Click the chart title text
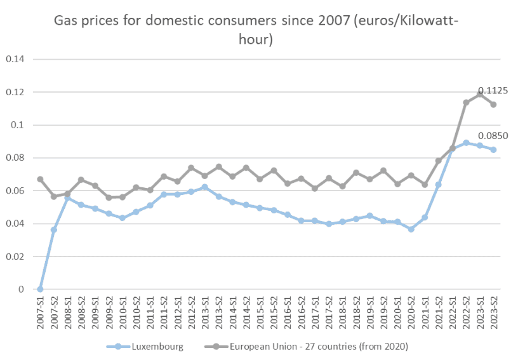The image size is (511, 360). tap(256, 30)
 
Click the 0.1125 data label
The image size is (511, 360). tap(493, 91)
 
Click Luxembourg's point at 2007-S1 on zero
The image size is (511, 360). tap(40, 289)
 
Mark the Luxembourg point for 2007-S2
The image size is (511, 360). tap(54, 229)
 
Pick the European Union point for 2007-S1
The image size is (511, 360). tap(40, 179)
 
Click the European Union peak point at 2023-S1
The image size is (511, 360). tap(479, 94)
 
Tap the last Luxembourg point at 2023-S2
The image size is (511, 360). tap(493, 150)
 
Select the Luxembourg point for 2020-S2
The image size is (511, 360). tap(411, 229)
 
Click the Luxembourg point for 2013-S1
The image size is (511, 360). tap(204, 187)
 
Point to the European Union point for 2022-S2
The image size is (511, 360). tap(466, 102)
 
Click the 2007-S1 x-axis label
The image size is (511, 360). tap(40, 312)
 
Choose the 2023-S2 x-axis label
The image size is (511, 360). tap(493, 312)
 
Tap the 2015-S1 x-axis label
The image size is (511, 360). tap(260, 312)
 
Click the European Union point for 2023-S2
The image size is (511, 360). tap(493, 105)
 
